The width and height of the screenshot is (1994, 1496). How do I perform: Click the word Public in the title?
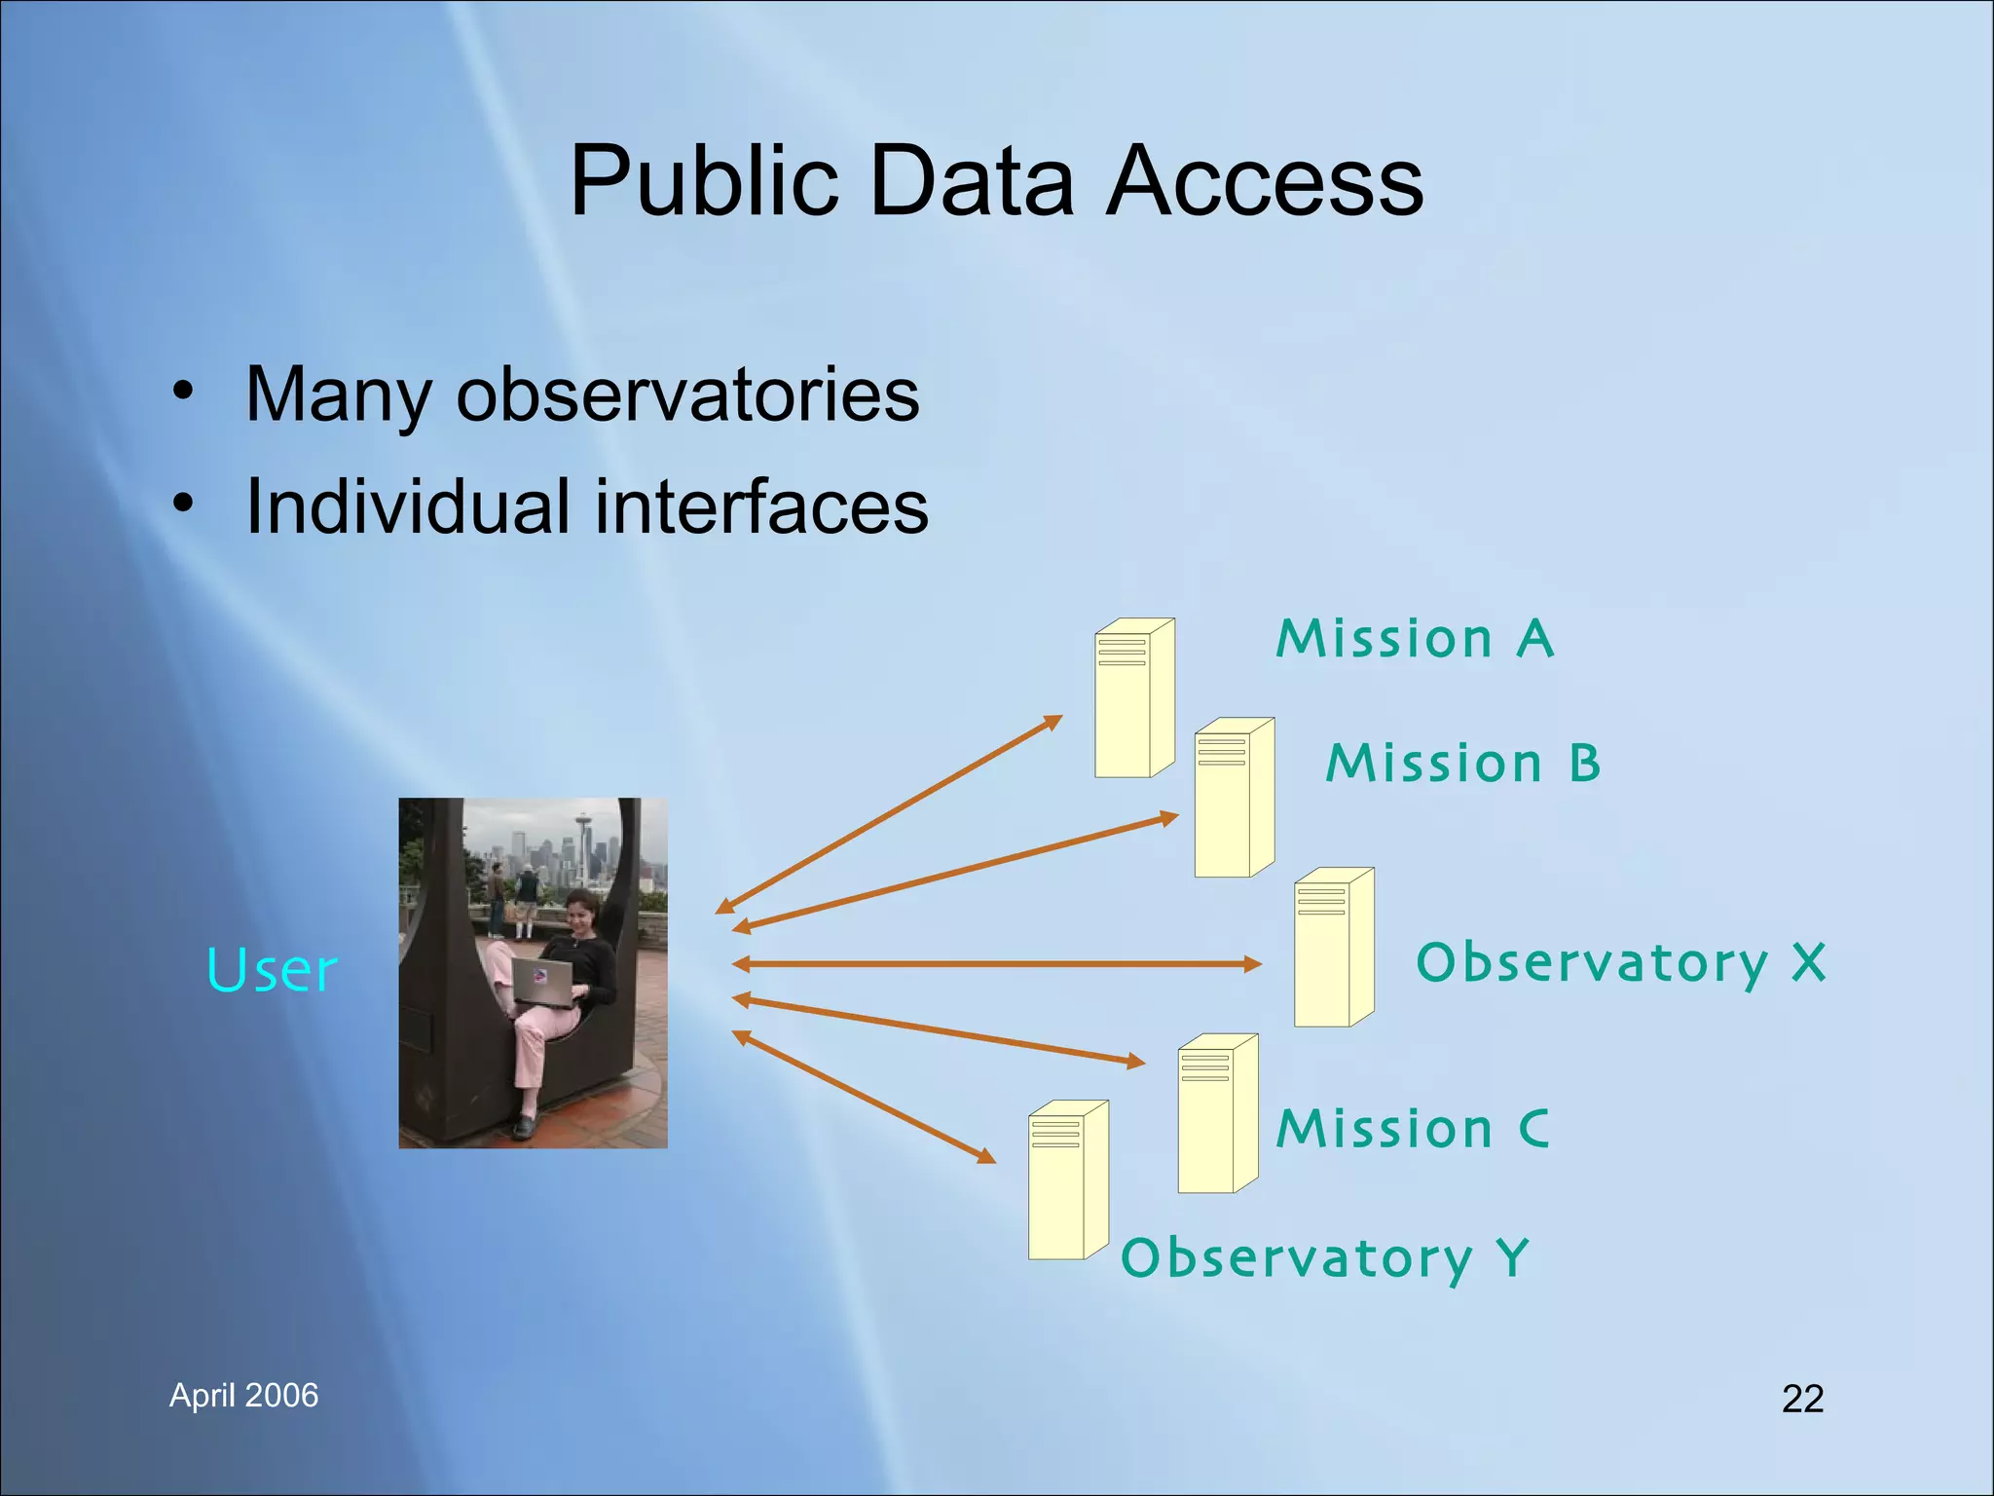tap(703, 181)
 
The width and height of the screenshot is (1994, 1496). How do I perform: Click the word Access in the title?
tap(1265, 181)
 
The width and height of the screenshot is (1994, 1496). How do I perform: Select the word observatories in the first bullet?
tap(687, 394)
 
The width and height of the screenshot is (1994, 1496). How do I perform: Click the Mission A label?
tap(1415, 639)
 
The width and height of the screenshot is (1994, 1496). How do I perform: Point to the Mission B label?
tap(1463, 763)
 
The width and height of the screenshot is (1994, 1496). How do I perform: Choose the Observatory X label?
tap(1621, 963)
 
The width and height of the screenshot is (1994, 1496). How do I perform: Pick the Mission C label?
tap(1413, 1129)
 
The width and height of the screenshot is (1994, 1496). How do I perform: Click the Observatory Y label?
tap(1325, 1258)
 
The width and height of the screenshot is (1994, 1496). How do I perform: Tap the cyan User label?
tap(272, 971)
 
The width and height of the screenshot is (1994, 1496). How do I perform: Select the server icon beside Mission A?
tap(1133, 698)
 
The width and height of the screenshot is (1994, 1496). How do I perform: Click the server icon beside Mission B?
tap(1234, 799)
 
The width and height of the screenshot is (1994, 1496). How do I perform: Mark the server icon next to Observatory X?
tap(1333, 948)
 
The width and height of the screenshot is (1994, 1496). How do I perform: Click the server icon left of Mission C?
tap(1217, 1113)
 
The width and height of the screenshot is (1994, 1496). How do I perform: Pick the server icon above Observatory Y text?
tap(1067, 1180)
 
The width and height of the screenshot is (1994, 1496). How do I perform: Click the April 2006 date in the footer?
tap(243, 1396)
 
